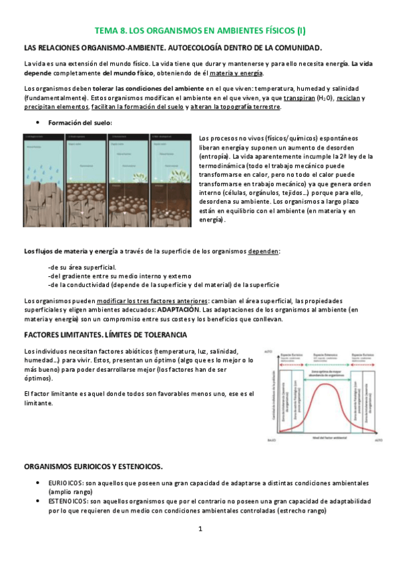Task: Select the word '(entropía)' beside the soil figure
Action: [215, 156]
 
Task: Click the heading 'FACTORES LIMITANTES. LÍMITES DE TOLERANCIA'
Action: [106, 334]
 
